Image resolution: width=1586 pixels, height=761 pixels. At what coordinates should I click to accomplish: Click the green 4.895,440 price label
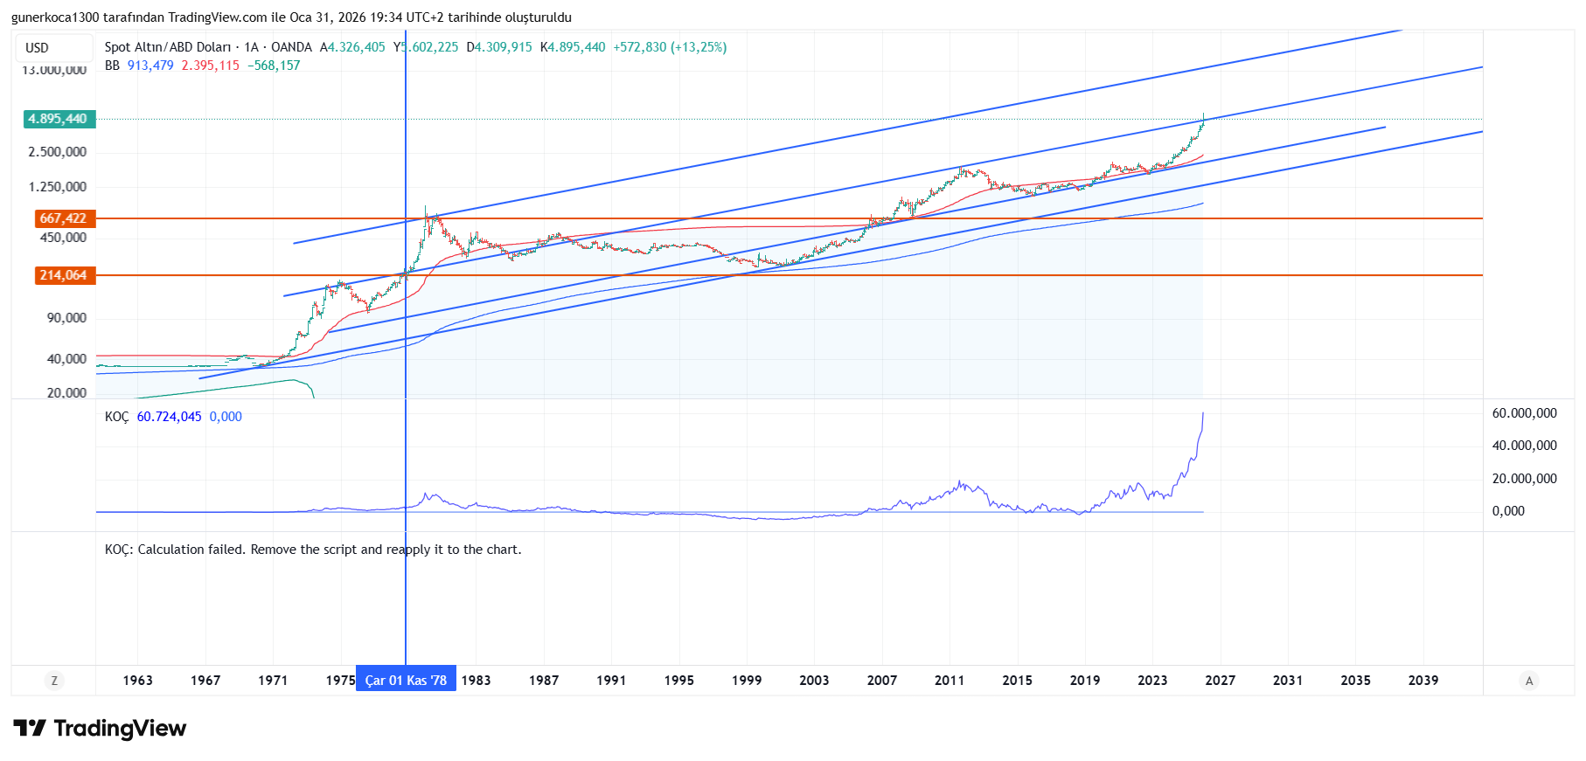pos(59,119)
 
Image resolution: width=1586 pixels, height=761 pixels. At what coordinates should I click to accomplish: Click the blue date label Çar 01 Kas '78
pos(406,681)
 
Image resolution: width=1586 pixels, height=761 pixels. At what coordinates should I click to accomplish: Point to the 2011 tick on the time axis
pos(950,681)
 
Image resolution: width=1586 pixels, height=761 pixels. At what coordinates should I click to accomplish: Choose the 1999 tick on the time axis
pos(747,681)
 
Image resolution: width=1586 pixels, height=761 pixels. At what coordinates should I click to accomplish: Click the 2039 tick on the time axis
pos(1423,681)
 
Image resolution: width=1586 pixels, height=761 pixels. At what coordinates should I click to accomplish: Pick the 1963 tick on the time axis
pos(138,681)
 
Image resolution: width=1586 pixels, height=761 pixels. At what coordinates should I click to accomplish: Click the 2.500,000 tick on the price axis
pos(58,152)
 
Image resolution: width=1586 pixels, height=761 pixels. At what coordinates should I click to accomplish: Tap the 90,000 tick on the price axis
pos(66,318)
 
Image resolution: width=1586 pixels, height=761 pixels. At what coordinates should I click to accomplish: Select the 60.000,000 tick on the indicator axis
pos(1524,413)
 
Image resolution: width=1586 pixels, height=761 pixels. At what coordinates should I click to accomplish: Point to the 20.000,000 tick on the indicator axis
pos(1524,479)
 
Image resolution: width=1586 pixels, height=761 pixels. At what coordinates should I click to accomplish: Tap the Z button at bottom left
pos(54,681)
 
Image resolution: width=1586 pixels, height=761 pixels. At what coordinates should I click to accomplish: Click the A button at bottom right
pos(1528,681)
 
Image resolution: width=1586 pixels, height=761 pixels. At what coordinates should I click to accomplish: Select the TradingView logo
pos(101,729)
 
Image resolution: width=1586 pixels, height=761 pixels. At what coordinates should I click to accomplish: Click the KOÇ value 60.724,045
pos(169,417)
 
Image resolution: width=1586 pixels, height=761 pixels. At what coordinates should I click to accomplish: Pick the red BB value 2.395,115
pos(210,66)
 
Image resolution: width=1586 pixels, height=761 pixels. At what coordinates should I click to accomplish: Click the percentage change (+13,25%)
pos(699,47)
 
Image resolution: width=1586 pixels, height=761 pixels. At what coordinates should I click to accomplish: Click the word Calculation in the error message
pos(170,550)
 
